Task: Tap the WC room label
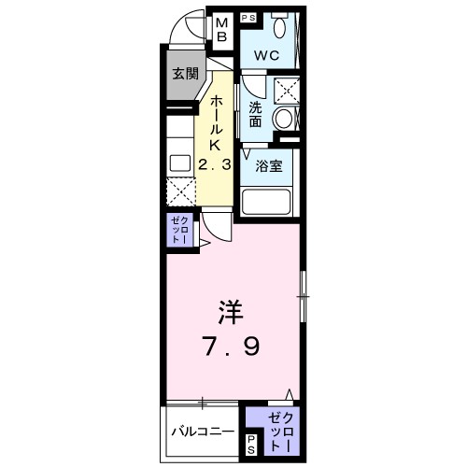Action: (267, 55)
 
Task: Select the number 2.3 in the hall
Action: (215, 165)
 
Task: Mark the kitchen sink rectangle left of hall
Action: (178, 163)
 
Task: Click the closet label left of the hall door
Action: (179, 230)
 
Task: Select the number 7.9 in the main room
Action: (233, 346)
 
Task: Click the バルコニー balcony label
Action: (203, 432)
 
